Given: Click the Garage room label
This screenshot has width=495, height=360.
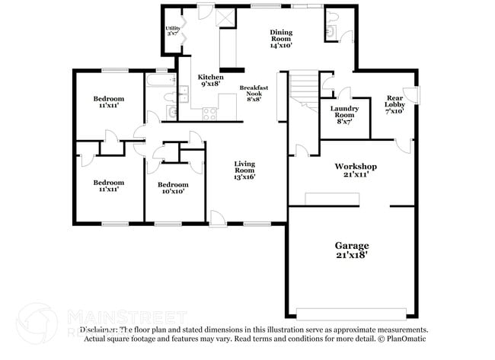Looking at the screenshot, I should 352,246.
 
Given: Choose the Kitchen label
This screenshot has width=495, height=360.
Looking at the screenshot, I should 211,78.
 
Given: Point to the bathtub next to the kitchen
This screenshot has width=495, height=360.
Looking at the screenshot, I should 159,80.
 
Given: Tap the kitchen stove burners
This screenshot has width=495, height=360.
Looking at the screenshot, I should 210,114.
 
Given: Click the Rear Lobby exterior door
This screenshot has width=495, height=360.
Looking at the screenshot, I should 411,95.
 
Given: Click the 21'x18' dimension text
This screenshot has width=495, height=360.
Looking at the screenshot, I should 352,256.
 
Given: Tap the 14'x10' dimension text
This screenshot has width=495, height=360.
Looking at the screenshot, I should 282,45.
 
